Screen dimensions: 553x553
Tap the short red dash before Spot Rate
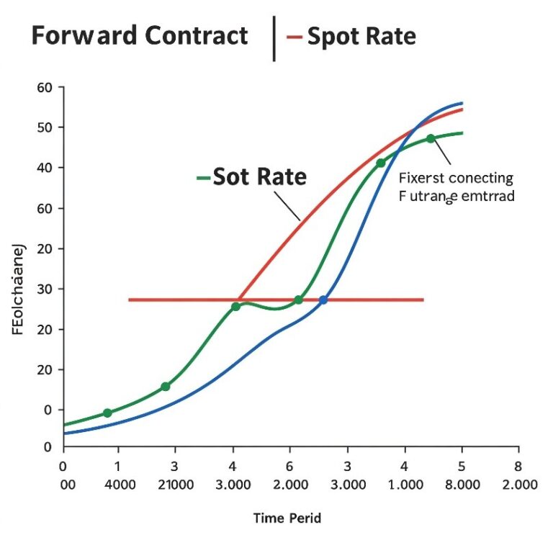295,36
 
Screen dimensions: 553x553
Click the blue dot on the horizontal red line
323,300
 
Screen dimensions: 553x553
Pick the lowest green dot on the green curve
107,413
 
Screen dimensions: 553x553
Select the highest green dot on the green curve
431,138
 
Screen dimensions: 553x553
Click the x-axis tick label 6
289,466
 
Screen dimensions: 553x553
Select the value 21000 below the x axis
176,485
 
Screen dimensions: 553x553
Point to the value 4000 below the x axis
120,485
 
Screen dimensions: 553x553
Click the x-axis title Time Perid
287,518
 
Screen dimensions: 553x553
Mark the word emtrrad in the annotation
486,195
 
